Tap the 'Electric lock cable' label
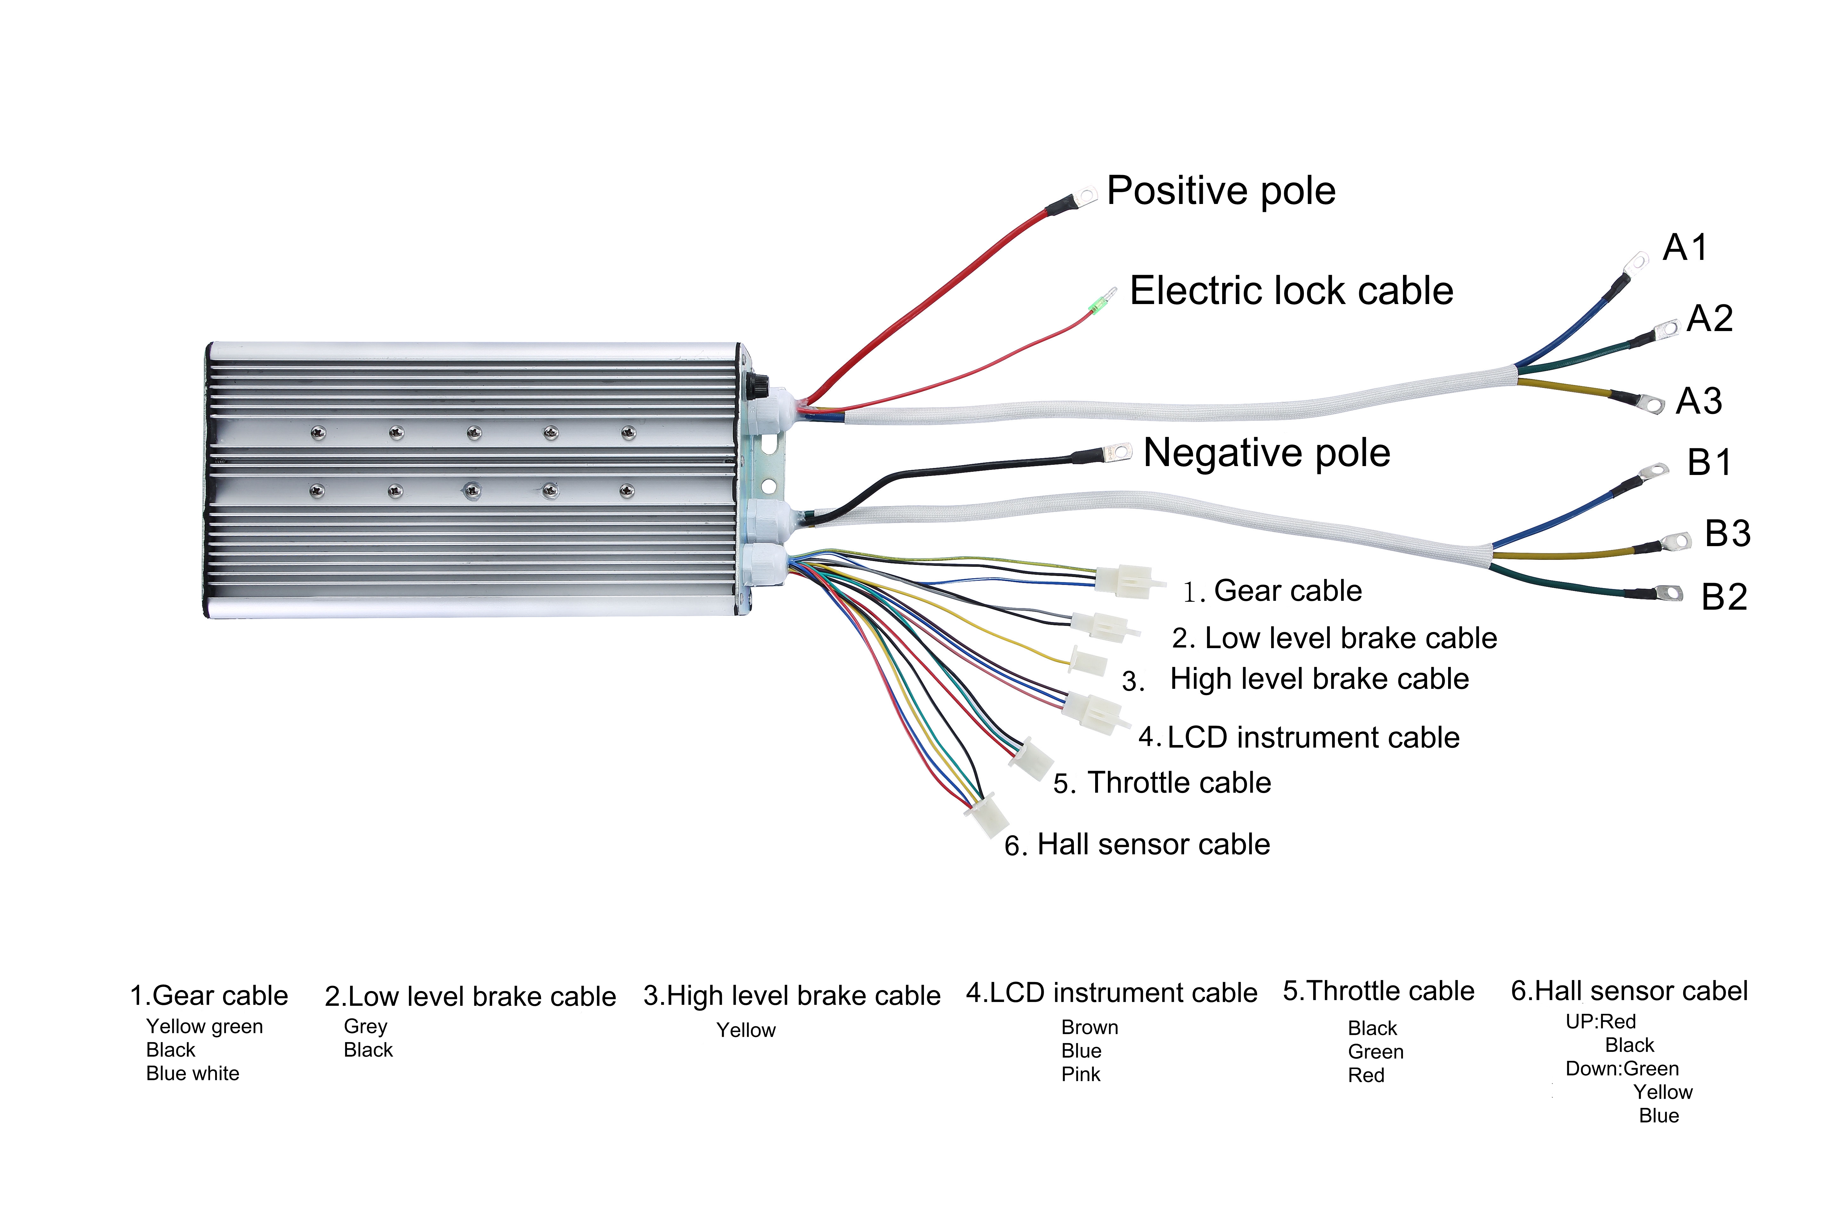click(1291, 291)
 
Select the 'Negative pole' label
click(1267, 453)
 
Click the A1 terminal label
click(1685, 247)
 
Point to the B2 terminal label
click(1724, 597)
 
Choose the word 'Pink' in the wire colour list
click(1081, 1074)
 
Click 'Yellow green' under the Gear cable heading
click(205, 1027)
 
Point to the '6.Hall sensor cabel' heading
click(1629, 991)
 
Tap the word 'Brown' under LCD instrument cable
click(1089, 1028)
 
